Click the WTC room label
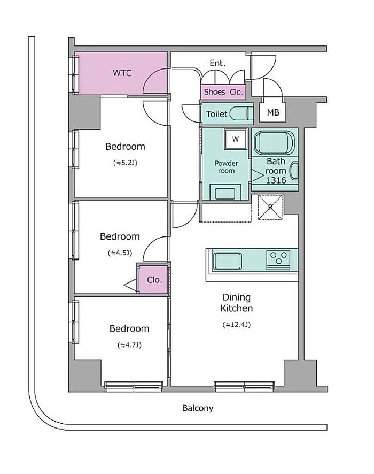coord(122,73)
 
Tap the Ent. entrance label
coord(217,63)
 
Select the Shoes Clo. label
coord(223,91)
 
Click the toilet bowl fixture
coord(241,113)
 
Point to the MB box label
coord(273,112)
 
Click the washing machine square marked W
coord(236,139)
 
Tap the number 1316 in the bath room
coord(276,180)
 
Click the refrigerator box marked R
coord(270,207)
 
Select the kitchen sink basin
coord(228,262)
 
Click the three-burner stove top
coord(278,259)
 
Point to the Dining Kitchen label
coord(236,303)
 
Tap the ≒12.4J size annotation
coord(236,325)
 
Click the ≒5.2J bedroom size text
coord(125,163)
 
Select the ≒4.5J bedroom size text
coord(120,253)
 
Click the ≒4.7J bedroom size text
coord(129,345)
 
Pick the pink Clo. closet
coord(153,280)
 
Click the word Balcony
coord(198,408)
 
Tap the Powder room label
coord(226,167)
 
